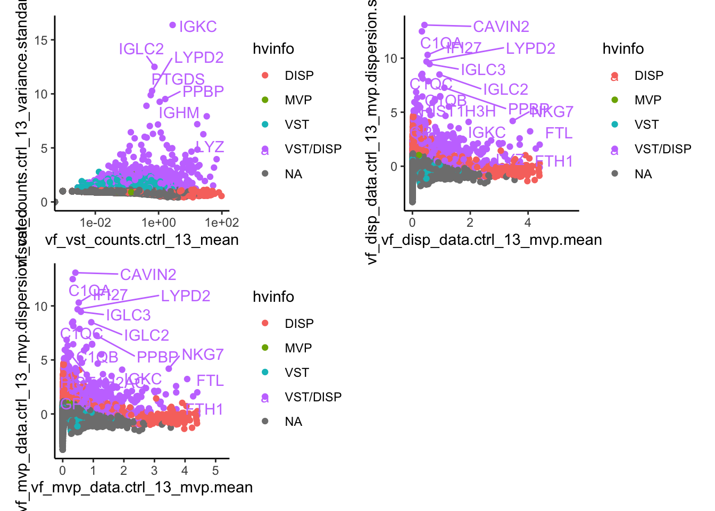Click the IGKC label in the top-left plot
[x=198, y=27]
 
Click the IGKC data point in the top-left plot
[x=172, y=25]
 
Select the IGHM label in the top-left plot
[x=179, y=113]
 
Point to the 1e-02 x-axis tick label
[x=96, y=223]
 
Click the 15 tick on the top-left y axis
[x=41, y=40]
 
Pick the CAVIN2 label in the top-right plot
[x=501, y=27]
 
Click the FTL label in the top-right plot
[x=559, y=133]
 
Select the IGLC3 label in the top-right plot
[x=483, y=70]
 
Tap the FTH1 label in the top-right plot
[x=554, y=161]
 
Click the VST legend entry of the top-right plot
[x=646, y=125]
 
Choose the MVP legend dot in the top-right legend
[x=615, y=100]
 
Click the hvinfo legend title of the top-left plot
[x=273, y=49]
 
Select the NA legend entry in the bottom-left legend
[x=293, y=422]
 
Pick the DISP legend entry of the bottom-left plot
[x=299, y=324]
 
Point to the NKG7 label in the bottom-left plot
[x=203, y=355]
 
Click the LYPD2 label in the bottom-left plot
[x=186, y=296]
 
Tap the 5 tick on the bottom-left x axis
[x=215, y=471]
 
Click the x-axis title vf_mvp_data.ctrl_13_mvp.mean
[x=142, y=488]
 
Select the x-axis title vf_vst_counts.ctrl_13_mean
[x=142, y=240]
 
